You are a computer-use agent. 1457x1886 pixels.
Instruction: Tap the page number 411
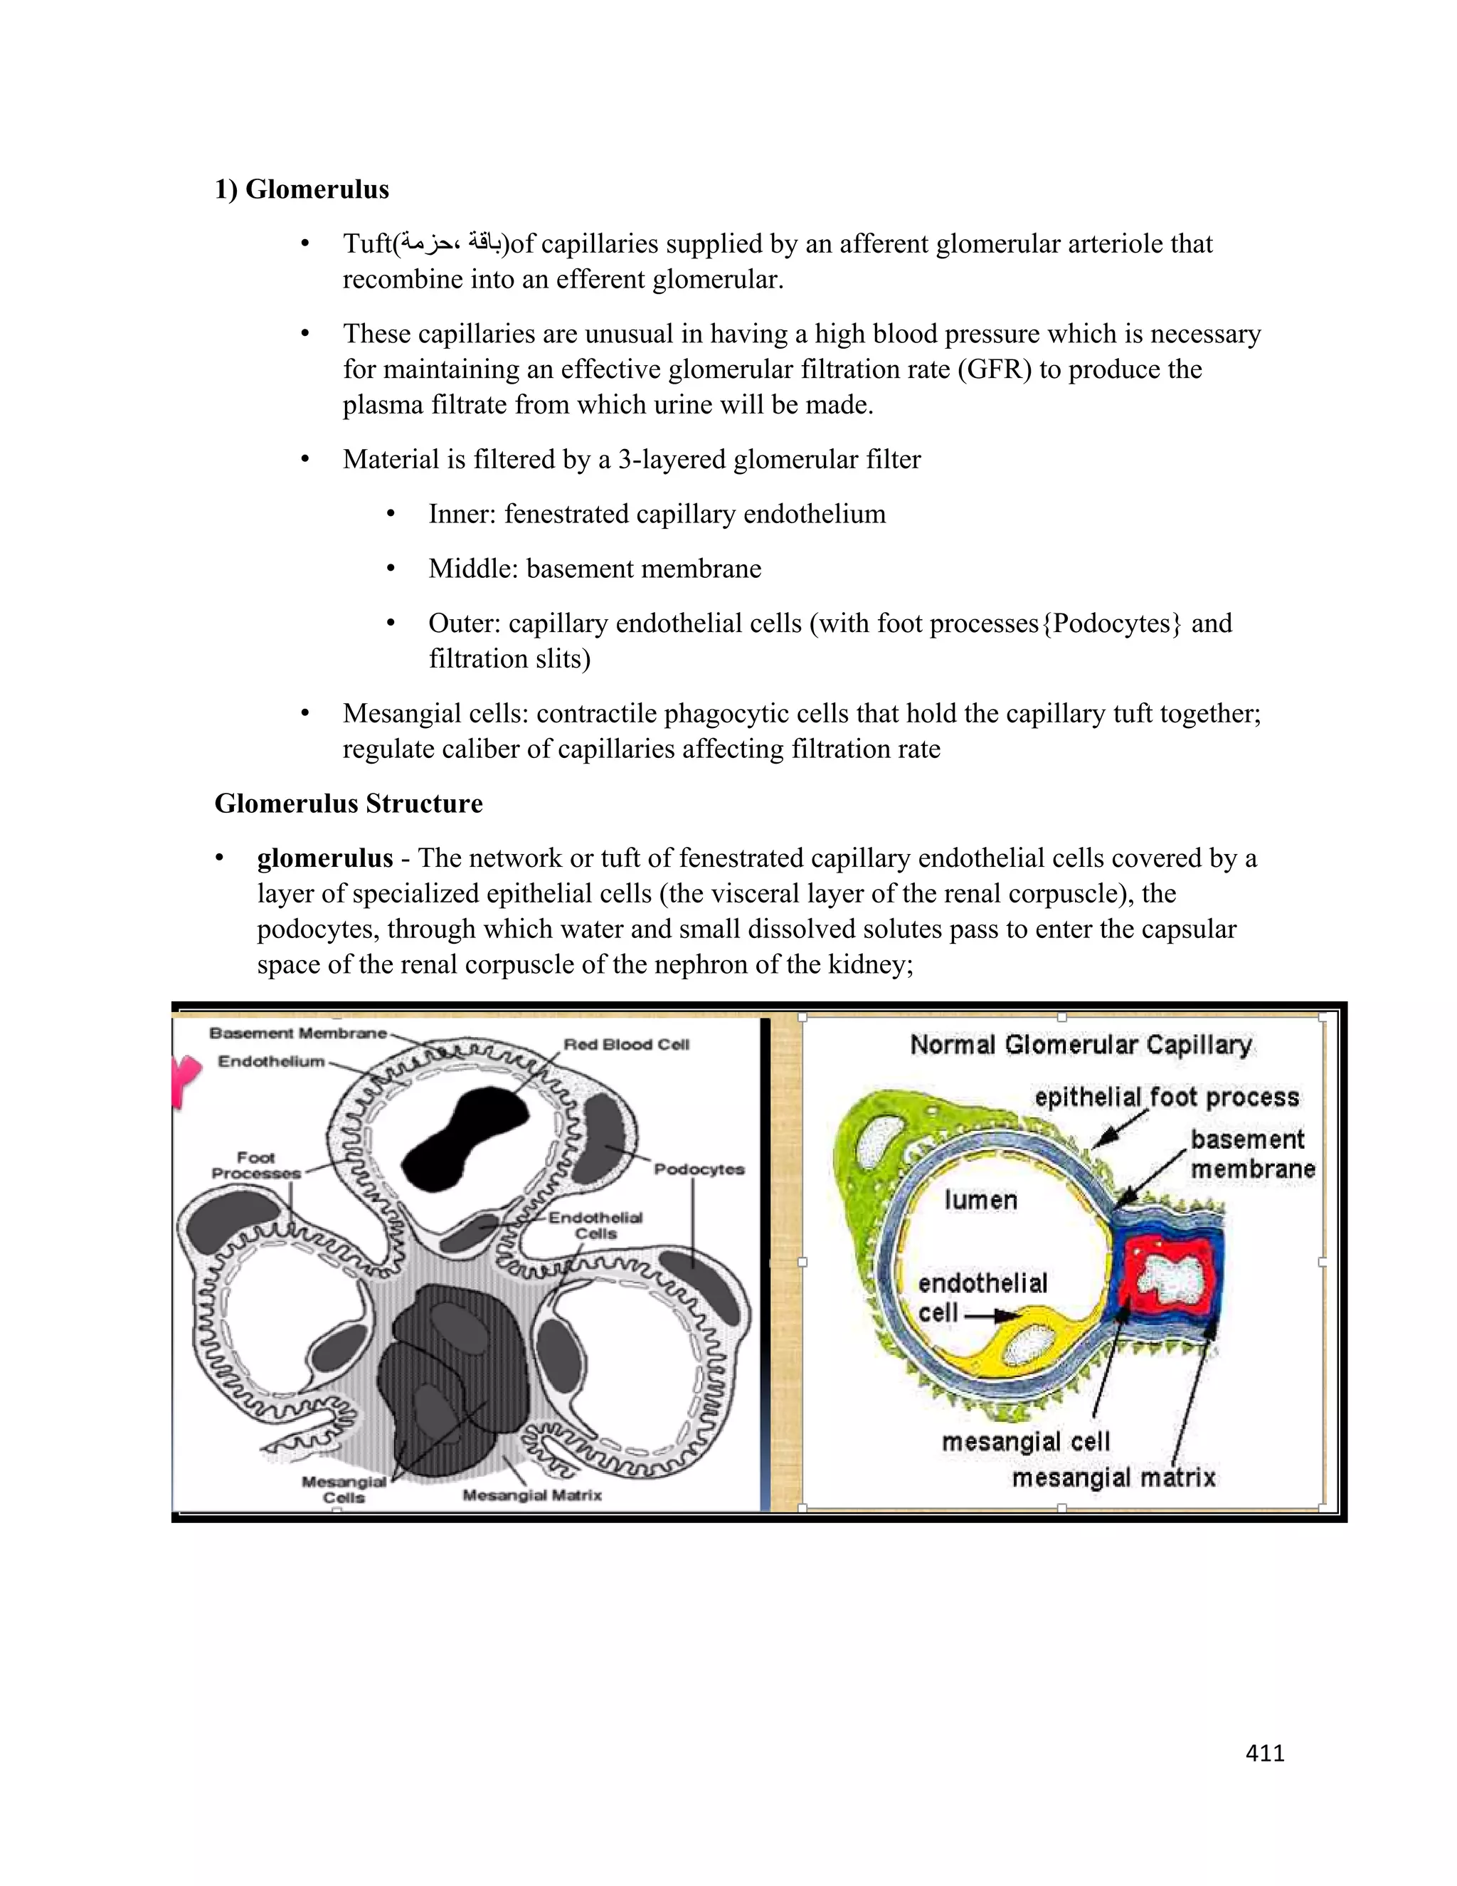pos(1264,1752)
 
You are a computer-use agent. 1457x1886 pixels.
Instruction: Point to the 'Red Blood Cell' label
pos(626,1044)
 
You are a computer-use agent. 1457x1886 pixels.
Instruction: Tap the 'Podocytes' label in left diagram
pos(699,1169)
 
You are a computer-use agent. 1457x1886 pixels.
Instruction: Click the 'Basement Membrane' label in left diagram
pos(298,1033)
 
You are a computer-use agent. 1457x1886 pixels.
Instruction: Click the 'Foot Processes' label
pos(255,1165)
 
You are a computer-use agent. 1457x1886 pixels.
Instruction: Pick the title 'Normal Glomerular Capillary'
pos(1081,1045)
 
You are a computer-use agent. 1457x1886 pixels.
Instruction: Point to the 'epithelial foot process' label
pos(1166,1097)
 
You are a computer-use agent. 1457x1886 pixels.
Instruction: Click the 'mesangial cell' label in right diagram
pos(1025,1441)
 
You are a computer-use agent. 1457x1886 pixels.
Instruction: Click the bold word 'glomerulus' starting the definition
pos(324,858)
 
